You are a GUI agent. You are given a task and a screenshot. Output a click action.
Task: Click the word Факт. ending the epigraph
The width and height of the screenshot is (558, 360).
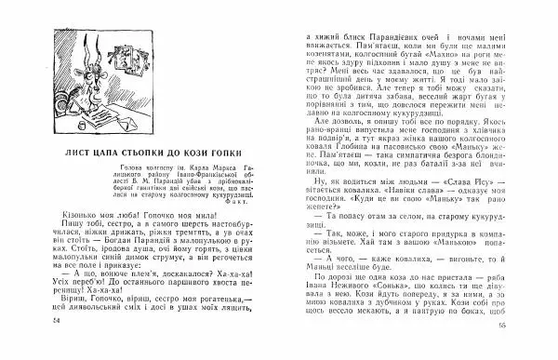230,198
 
